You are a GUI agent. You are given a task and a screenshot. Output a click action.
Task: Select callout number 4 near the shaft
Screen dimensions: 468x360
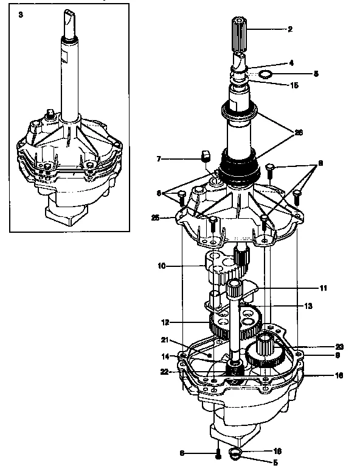(291, 63)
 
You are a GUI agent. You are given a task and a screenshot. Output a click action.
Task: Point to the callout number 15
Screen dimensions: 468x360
(294, 85)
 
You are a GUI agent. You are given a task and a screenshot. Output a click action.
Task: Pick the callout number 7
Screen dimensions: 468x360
(157, 159)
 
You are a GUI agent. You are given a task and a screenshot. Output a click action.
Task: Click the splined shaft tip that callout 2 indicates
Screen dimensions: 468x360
(239, 29)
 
